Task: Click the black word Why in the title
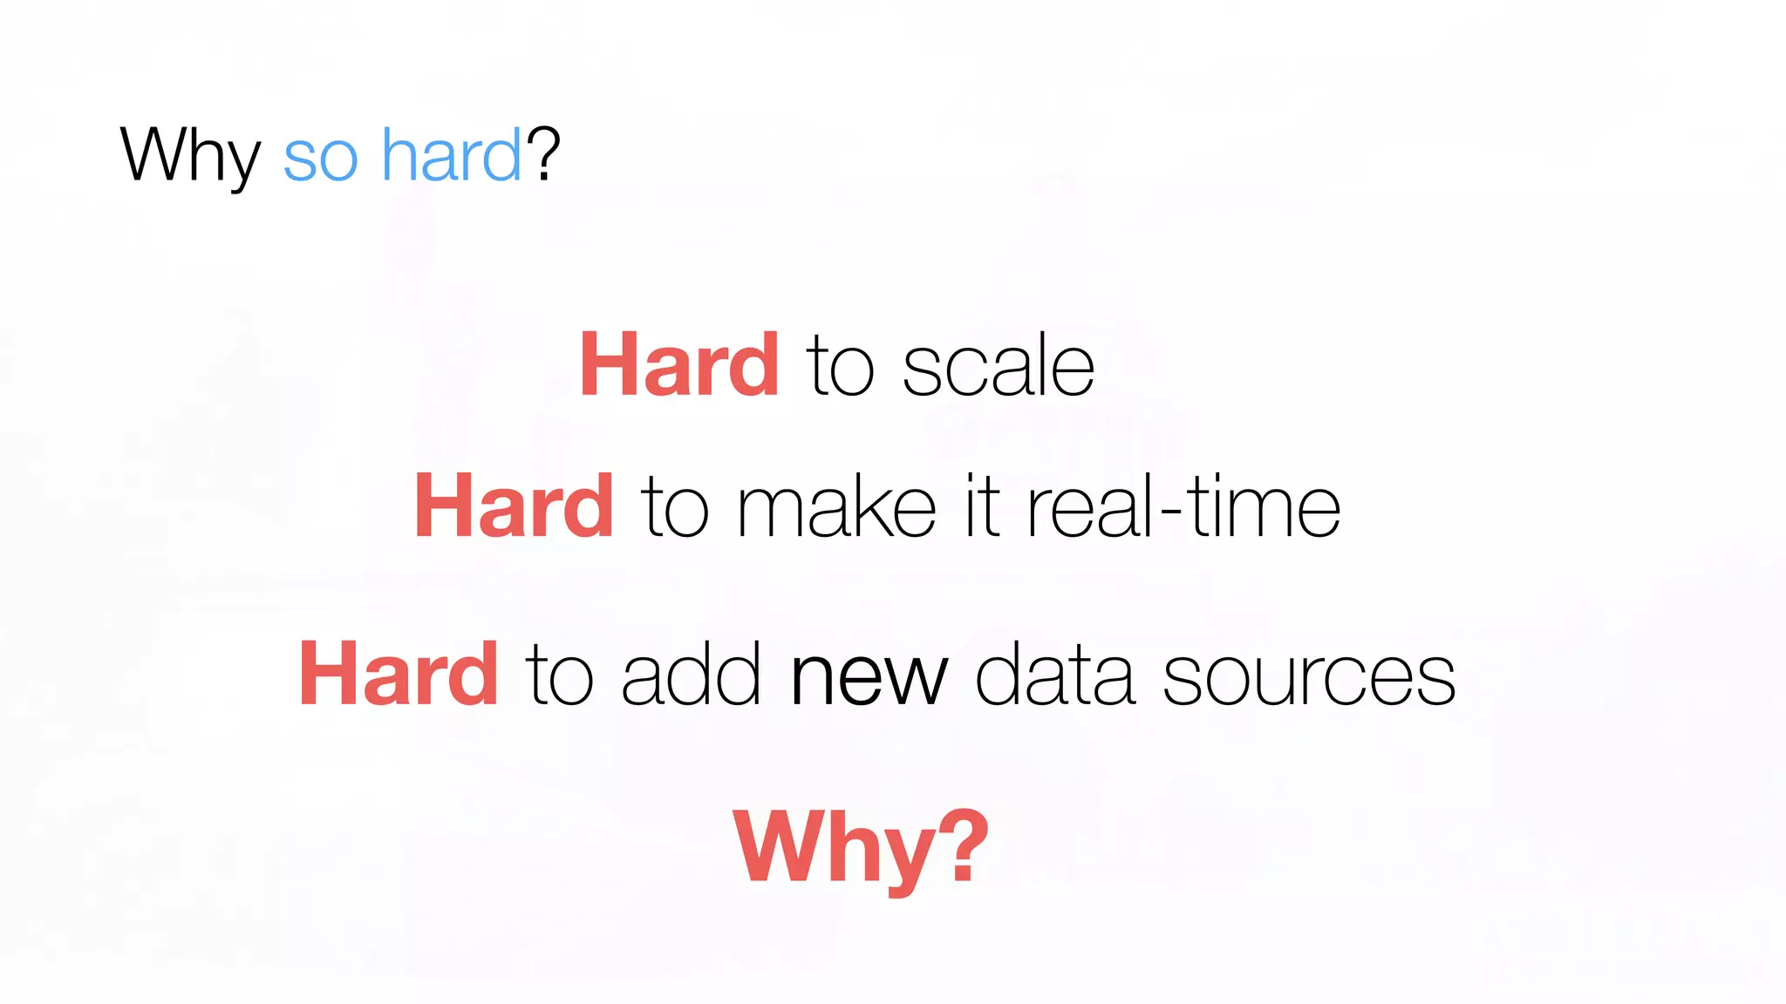(x=190, y=155)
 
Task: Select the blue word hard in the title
(x=452, y=155)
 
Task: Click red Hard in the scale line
(x=679, y=366)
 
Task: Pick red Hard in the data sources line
(x=399, y=675)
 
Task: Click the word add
(x=691, y=676)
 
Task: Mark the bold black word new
(x=868, y=678)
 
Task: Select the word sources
(x=1309, y=678)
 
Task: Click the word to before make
(x=675, y=509)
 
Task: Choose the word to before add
(x=559, y=676)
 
